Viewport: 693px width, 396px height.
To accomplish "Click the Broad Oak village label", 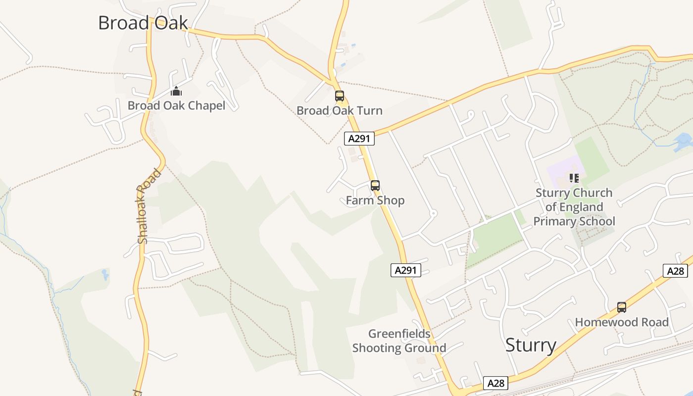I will tap(143, 23).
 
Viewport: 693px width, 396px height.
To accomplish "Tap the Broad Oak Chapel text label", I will tap(176, 105).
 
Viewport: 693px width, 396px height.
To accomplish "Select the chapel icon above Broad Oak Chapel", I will tap(176, 91).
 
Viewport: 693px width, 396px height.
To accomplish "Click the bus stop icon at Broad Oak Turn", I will tap(340, 96).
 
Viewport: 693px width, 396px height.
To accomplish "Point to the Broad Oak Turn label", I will tap(340, 110).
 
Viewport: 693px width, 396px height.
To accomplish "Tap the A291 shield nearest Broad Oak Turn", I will tap(359, 139).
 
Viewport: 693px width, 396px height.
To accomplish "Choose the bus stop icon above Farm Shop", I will tap(375, 186).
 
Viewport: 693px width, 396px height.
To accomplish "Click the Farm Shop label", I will tap(375, 200).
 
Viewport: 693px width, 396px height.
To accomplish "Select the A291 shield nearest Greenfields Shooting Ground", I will tap(406, 270).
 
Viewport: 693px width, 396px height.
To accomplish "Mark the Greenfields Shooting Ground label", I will tap(399, 341).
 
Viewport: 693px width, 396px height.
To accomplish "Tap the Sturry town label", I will tap(531, 345).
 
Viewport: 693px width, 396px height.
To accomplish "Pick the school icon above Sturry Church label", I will tap(574, 178).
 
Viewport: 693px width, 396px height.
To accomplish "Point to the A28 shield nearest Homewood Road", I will tap(675, 271).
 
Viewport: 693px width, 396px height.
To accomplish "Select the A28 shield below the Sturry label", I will tap(495, 383).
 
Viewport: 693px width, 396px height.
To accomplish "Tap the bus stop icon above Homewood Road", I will tap(622, 307).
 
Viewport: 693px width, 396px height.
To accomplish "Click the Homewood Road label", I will tap(622, 323).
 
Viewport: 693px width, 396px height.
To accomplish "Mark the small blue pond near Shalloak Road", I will tap(105, 274).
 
